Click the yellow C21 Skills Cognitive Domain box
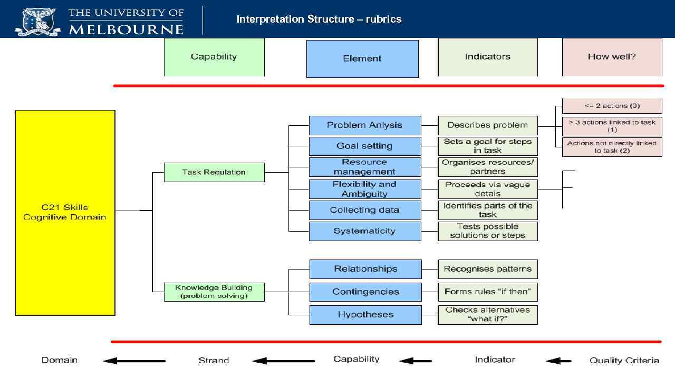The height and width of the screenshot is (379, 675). pyautogui.click(x=65, y=212)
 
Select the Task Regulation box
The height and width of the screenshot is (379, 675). pyautogui.click(x=214, y=172)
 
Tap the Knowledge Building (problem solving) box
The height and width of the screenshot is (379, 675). pyautogui.click(x=214, y=292)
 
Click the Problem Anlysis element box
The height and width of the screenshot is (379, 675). pyautogui.click(x=365, y=125)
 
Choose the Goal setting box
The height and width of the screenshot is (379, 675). pyautogui.click(x=365, y=146)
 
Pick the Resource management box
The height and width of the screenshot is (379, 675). pyautogui.click(x=365, y=167)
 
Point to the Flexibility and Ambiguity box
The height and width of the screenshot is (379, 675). pyautogui.click(x=365, y=189)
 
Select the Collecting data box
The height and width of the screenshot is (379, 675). pyautogui.click(x=365, y=210)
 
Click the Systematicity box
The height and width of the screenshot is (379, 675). pyautogui.click(x=365, y=231)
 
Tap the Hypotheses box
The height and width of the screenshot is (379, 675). pyautogui.click(x=365, y=315)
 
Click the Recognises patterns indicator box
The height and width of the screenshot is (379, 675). pyautogui.click(x=487, y=269)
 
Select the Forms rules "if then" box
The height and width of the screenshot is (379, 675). pyautogui.click(x=487, y=292)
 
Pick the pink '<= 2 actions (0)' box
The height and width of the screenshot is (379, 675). pyautogui.click(x=612, y=106)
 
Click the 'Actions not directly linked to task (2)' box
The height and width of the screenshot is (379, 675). pyautogui.click(x=612, y=147)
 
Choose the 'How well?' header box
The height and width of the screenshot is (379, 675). pyautogui.click(x=612, y=57)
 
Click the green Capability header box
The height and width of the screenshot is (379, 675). pyautogui.click(x=214, y=57)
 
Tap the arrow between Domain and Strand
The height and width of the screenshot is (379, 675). pyautogui.click(x=134, y=361)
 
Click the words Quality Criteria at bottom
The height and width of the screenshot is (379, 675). pyautogui.click(x=624, y=361)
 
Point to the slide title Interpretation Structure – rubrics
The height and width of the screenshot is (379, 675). pyautogui.click(x=319, y=19)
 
